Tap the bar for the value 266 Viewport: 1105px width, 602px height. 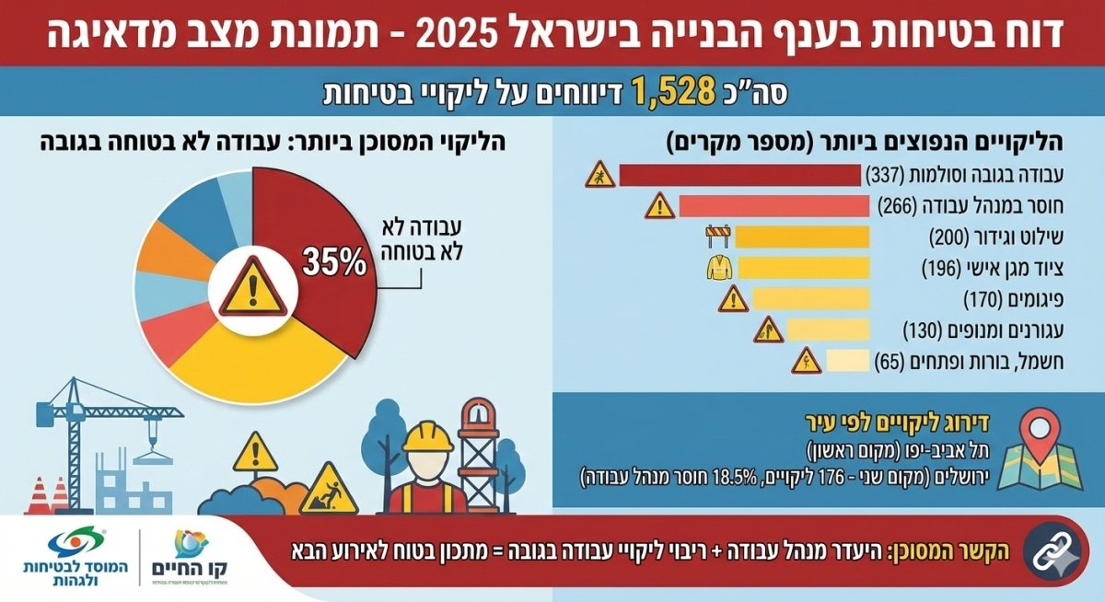[x=773, y=206]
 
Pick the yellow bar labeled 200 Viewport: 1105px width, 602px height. [x=803, y=237]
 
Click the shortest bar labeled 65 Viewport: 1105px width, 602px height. [x=847, y=361]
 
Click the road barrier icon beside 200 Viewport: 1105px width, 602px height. [x=717, y=236]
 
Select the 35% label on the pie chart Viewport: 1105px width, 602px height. [x=333, y=263]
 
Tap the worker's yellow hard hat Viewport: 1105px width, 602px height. [x=428, y=435]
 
